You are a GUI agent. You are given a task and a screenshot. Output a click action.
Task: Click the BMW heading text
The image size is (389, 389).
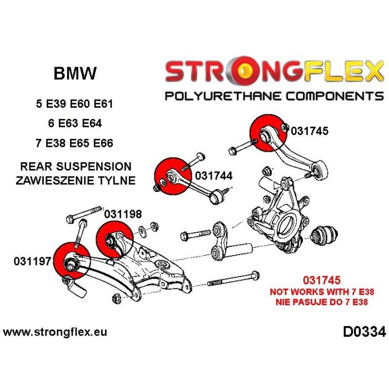point(74,73)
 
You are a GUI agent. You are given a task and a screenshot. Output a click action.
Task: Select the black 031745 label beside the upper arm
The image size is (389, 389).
point(309,132)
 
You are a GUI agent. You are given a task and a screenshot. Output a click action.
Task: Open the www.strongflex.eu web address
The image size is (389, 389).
point(55,332)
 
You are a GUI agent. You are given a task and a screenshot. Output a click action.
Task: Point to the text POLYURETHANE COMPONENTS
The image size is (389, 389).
point(275,96)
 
